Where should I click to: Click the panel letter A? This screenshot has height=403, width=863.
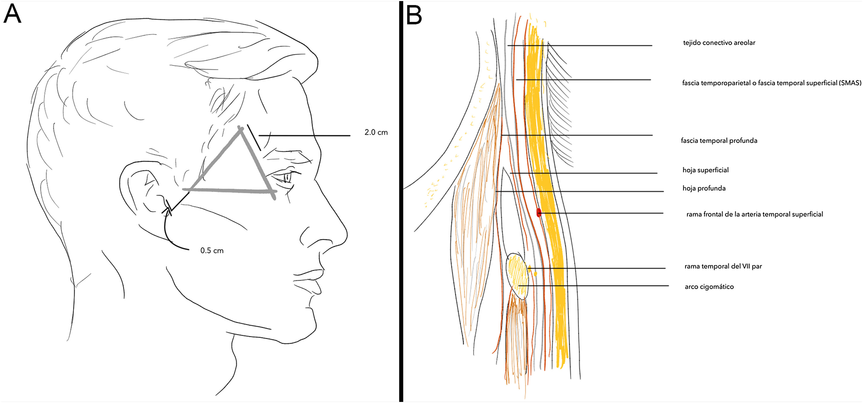click(x=13, y=14)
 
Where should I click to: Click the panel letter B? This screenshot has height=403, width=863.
click(x=414, y=15)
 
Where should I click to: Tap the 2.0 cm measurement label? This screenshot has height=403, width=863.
click(x=376, y=133)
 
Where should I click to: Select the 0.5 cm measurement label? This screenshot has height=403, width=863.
click(x=212, y=251)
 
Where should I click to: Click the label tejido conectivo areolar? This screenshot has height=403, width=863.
click(x=719, y=43)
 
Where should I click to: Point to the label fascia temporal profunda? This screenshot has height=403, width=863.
click(x=719, y=141)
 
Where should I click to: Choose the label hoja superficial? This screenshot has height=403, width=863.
click(x=706, y=170)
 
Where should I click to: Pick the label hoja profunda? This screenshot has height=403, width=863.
click(x=704, y=188)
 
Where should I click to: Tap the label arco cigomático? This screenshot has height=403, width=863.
click(x=709, y=287)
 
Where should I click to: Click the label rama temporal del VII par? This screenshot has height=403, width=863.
click(x=723, y=266)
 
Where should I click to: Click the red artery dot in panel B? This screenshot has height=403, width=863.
click(x=539, y=213)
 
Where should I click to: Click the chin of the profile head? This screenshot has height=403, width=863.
click(x=302, y=335)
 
